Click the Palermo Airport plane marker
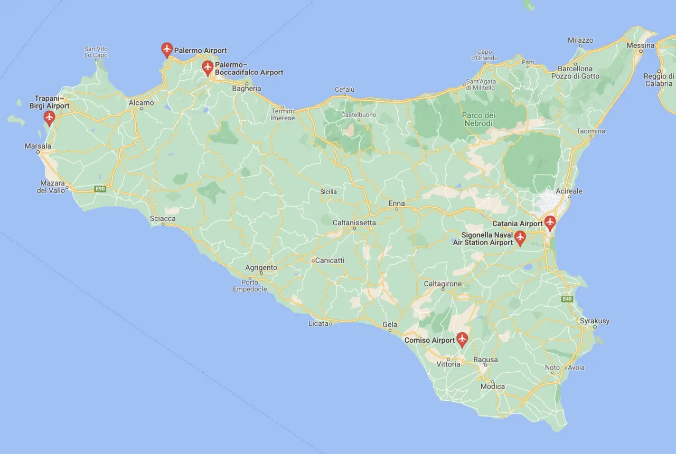167,50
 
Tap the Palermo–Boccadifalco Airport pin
208,67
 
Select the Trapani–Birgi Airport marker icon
50,117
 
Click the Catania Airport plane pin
550,223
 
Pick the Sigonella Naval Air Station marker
520,238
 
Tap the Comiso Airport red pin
462,339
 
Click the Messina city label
641,45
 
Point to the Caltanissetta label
354,223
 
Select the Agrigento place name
261,267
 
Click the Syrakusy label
595,321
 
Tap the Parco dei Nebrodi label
478,119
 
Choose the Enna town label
397,203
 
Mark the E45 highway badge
567,299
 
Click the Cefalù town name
344,90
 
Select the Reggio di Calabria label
659,80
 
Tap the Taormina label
591,131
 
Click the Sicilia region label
328,191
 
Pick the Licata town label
318,323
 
